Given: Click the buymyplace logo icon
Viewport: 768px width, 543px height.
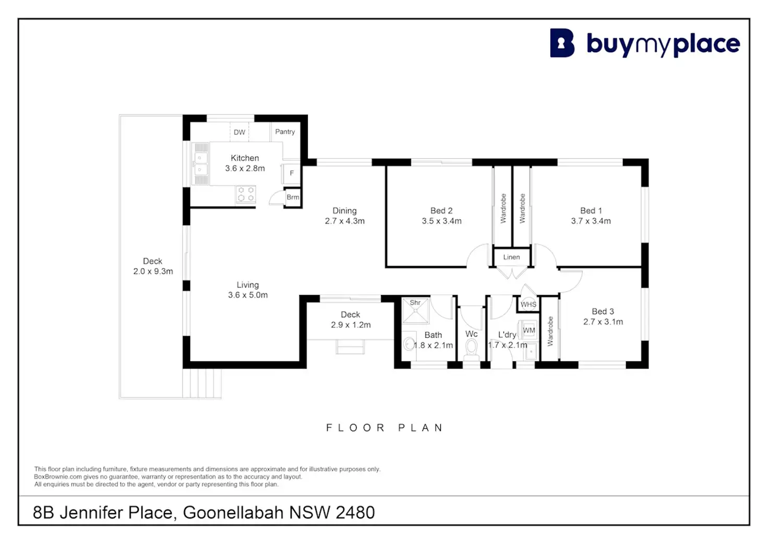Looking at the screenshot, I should pos(562,43).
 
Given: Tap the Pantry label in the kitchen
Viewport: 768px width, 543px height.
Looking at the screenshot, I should pos(285,132).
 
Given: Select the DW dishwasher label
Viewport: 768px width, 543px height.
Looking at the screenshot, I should pos(239,132).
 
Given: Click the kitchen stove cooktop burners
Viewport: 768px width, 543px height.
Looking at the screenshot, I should pos(246,194).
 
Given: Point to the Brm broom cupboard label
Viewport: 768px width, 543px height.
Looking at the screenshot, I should pos(293,197).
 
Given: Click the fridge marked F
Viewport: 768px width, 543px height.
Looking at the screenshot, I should pos(292,173).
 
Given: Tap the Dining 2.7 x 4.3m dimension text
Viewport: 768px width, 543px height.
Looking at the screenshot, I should pos(344,221).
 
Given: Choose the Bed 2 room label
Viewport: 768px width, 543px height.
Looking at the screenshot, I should pos(441,210).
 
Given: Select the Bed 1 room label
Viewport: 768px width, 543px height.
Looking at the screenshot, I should pos(591,210).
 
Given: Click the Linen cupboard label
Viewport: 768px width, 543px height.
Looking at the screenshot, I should pos(511,257).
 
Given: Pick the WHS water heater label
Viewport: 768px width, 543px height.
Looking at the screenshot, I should pos(528,304).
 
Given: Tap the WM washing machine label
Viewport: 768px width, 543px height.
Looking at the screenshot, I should pos(529,330).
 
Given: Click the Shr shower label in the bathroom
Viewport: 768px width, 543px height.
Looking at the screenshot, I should pos(415,303).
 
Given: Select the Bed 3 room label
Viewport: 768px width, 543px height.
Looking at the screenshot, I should pos(603,311).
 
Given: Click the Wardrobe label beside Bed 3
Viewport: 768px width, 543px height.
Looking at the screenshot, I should pos(550,331).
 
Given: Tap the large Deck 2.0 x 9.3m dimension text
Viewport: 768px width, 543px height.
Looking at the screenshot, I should pos(153,271).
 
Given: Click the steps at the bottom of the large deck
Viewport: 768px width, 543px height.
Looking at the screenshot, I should pos(202,384).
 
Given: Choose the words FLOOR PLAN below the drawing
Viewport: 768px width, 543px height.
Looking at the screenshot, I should pos(385,428).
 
